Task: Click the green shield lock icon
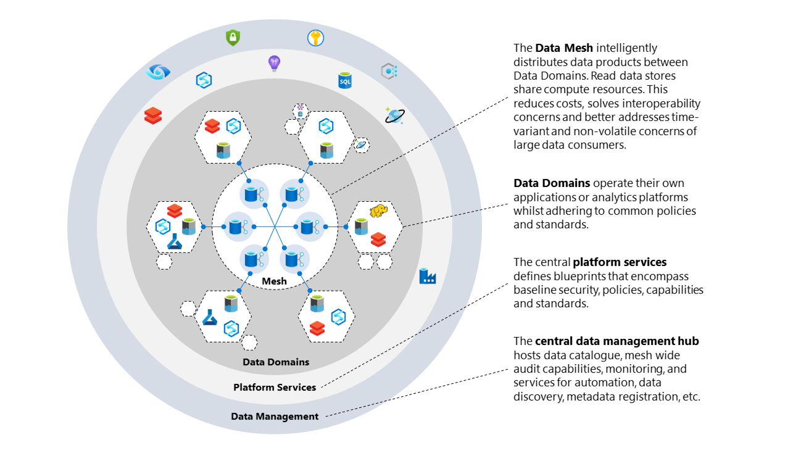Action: click(233, 38)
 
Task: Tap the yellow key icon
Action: click(315, 38)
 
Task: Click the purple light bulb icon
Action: click(275, 62)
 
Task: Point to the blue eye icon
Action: click(157, 72)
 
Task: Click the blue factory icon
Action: click(427, 276)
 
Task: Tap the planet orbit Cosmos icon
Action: click(393, 115)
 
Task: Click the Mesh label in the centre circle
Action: click(275, 281)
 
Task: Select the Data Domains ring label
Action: click(276, 362)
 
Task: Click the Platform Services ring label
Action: click(275, 388)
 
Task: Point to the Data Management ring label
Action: click(275, 417)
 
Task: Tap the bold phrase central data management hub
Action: click(617, 341)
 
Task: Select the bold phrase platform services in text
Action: click(620, 262)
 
